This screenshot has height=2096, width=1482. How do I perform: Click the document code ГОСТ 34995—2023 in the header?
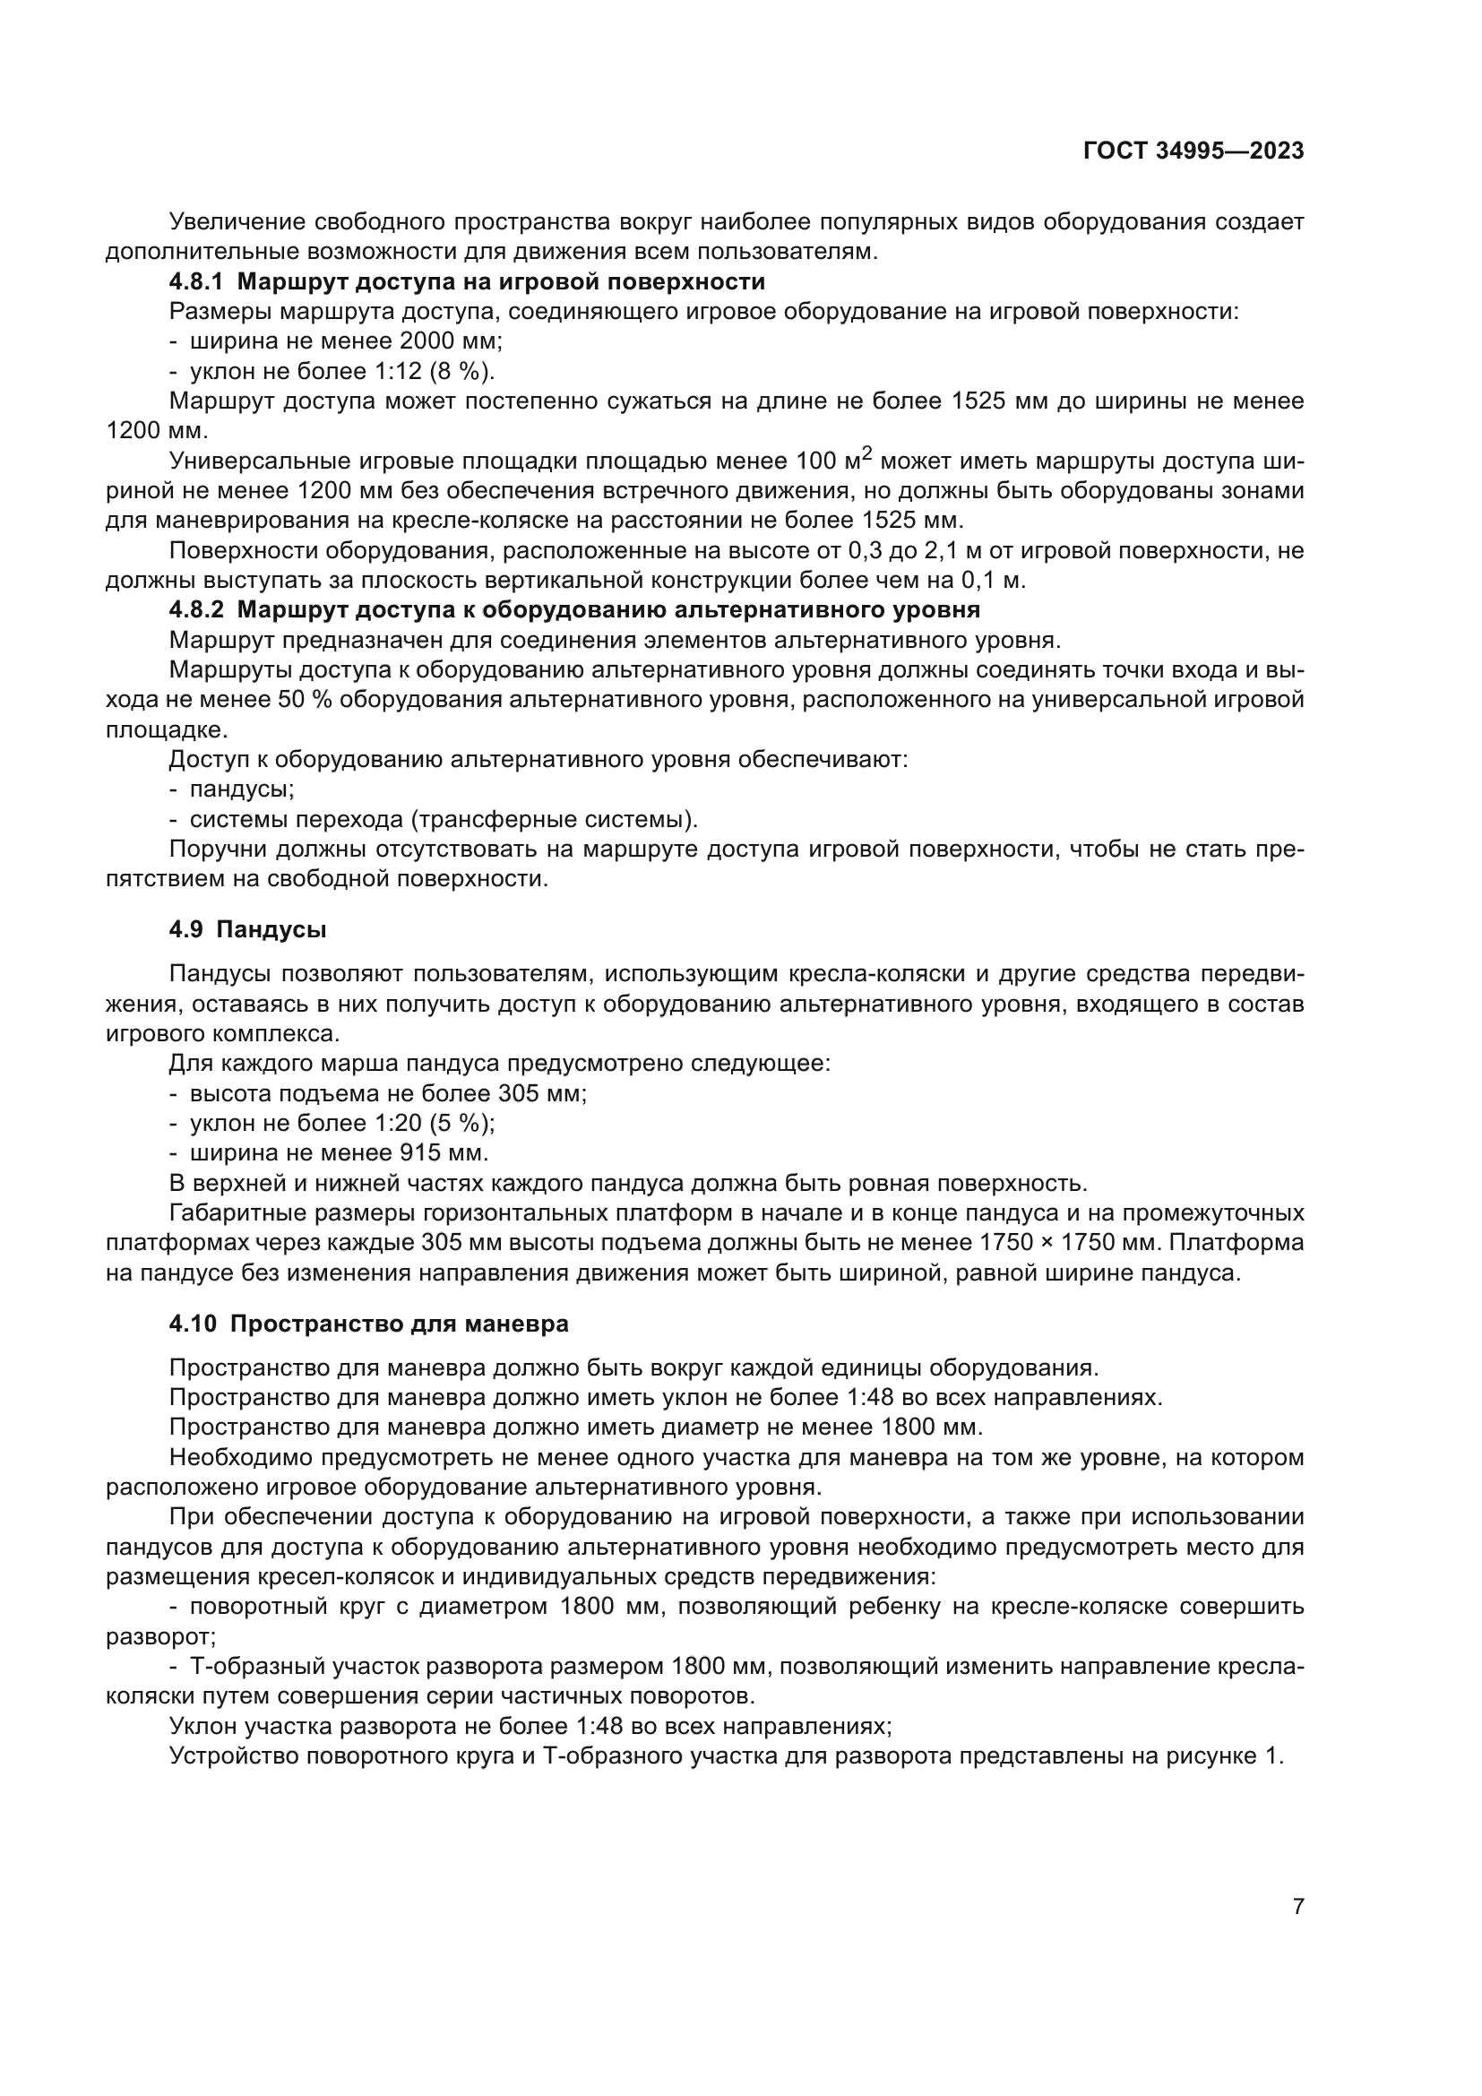(x=1193, y=151)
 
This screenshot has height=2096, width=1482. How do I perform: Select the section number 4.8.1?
(x=196, y=281)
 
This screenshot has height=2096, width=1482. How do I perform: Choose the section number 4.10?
(x=194, y=1324)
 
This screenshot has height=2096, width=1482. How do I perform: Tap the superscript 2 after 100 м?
(x=867, y=453)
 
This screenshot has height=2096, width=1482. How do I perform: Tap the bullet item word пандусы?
(x=242, y=789)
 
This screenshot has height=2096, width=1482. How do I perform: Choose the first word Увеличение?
(x=236, y=222)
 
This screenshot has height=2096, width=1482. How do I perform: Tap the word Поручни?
(x=219, y=849)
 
